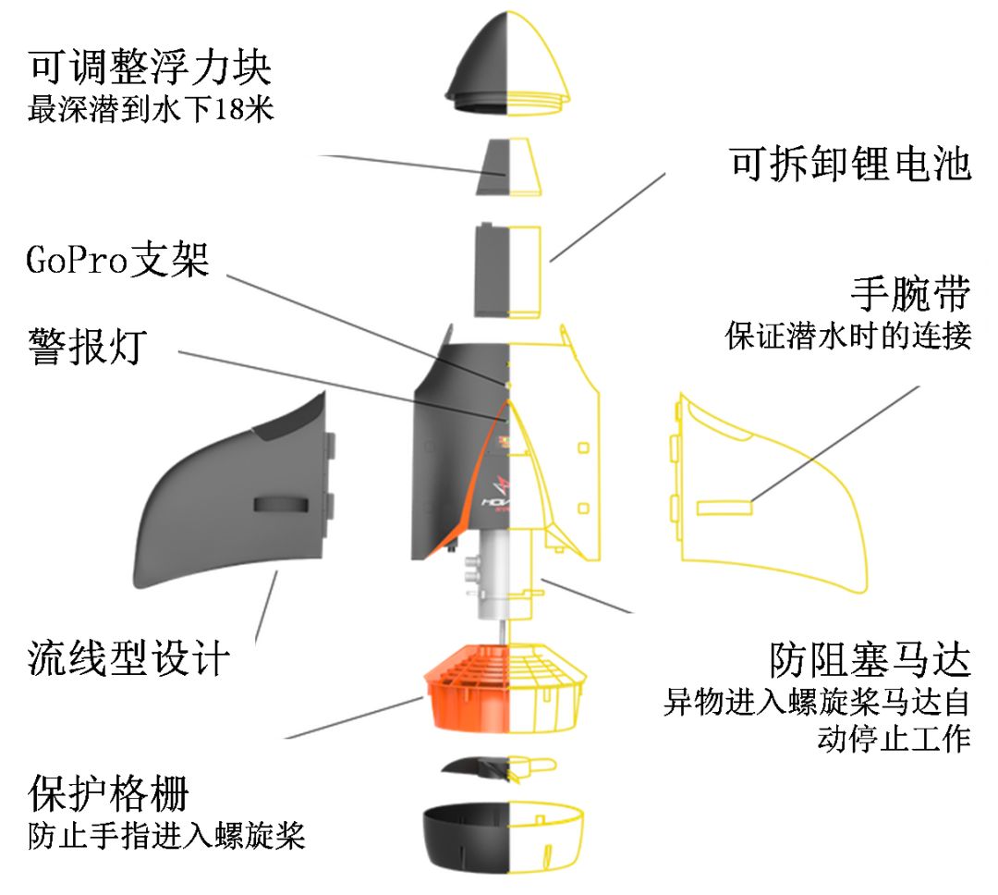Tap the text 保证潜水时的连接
(x=848, y=336)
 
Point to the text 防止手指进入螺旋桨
(x=166, y=836)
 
